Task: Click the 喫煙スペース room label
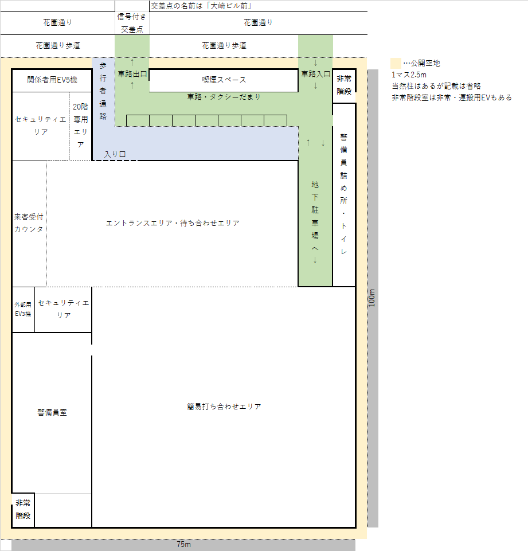coord(224,80)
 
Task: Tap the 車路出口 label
coord(132,74)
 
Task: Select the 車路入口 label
coord(316,74)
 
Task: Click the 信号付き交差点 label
coord(132,23)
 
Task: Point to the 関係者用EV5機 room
coord(52,80)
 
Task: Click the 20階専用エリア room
coord(80,126)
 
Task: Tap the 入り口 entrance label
coord(115,154)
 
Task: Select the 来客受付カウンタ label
coord(29,223)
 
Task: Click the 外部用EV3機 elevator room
coord(23,309)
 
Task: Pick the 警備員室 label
coord(52,412)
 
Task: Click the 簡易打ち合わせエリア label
coord(224,407)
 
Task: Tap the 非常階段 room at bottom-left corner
coord(23,510)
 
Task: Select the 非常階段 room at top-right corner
coord(344,85)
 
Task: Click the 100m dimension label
coord(372,298)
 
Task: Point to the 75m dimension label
coord(183,545)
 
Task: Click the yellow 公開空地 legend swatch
coord(396,63)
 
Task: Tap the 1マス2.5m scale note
coord(409,75)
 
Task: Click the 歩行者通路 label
coord(103,91)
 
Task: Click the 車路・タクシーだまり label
coord(224,97)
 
